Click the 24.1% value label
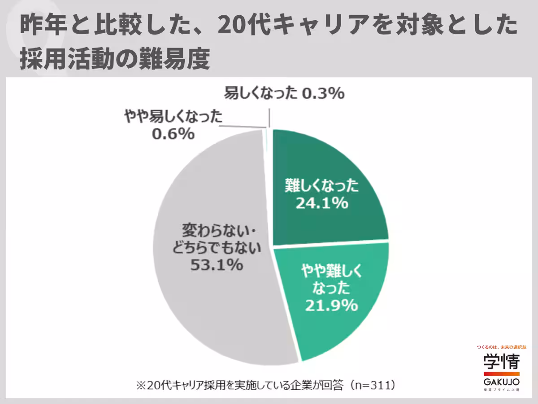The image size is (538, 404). click(322, 203)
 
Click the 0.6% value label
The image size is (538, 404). click(173, 134)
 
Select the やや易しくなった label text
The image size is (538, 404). click(173, 118)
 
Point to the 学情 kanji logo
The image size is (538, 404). click(501, 362)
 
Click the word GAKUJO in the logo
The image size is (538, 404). click(501, 382)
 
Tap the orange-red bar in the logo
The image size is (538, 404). click(501, 373)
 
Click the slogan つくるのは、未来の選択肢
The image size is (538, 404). click(501, 347)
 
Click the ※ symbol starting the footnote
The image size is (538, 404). click(139, 385)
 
